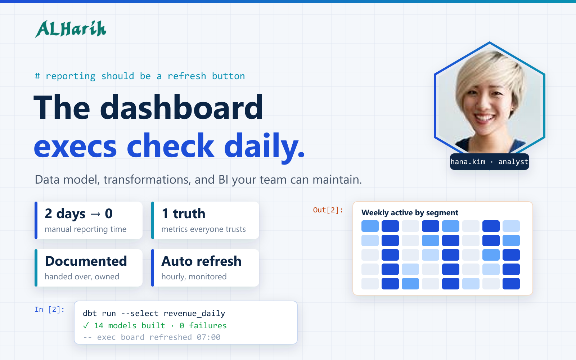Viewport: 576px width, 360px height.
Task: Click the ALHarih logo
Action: (x=71, y=29)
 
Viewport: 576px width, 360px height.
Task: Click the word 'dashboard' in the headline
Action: (x=181, y=107)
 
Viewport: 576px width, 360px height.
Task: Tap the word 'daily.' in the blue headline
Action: (x=265, y=147)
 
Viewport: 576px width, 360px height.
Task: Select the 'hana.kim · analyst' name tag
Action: (x=489, y=162)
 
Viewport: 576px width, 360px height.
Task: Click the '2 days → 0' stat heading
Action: (x=79, y=214)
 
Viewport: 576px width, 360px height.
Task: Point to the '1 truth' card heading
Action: (x=183, y=214)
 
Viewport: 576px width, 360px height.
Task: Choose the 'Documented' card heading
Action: (x=86, y=261)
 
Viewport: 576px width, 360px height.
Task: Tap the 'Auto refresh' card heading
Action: (x=201, y=261)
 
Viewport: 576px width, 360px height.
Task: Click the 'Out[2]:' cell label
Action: (x=328, y=210)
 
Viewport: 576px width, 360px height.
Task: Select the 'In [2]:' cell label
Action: (x=50, y=309)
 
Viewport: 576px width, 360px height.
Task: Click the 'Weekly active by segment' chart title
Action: (x=410, y=213)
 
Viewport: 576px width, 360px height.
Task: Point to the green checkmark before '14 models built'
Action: (x=86, y=325)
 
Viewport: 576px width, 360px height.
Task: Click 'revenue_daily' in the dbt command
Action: (x=194, y=314)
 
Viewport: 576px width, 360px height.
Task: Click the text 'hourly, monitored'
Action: (x=194, y=277)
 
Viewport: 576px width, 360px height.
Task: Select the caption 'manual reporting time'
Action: (x=86, y=229)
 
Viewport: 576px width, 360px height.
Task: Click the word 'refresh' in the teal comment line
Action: (x=187, y=76)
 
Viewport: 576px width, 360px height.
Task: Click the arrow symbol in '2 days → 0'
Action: (x=95, y=214)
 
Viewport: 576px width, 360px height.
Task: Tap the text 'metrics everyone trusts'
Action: (x=203, y=229)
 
